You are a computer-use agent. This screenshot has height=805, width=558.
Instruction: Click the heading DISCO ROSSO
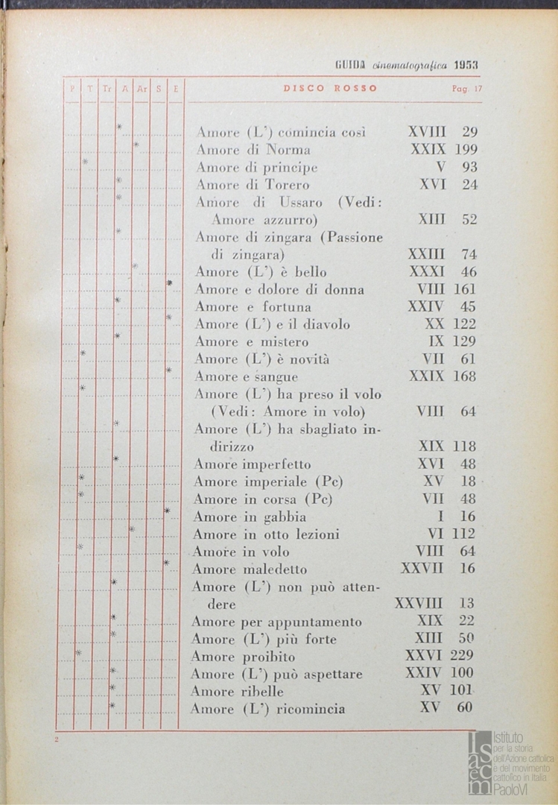point(330,88)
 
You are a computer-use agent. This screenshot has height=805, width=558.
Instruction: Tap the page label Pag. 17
point(467,89)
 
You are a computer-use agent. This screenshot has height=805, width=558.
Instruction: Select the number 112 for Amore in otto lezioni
point(463,534)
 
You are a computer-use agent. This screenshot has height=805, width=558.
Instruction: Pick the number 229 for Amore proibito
point(462,656)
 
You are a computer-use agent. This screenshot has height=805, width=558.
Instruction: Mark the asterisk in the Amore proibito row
point(77,654)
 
